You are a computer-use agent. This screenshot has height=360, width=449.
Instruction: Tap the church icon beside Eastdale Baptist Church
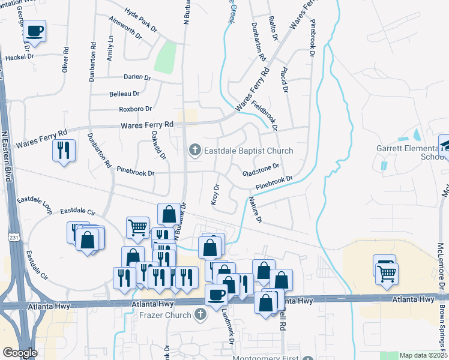[x=194, y=151]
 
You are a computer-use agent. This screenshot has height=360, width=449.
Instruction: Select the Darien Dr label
[x=138, y=77]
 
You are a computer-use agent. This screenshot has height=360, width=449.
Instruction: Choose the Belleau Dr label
[x=124, y=94]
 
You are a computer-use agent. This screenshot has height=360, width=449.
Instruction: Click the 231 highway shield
[x=13, y=238]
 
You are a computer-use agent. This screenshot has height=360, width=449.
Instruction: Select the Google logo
[x=20, y=352]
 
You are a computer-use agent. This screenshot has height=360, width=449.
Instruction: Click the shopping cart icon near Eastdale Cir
[x=138, y=227]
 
